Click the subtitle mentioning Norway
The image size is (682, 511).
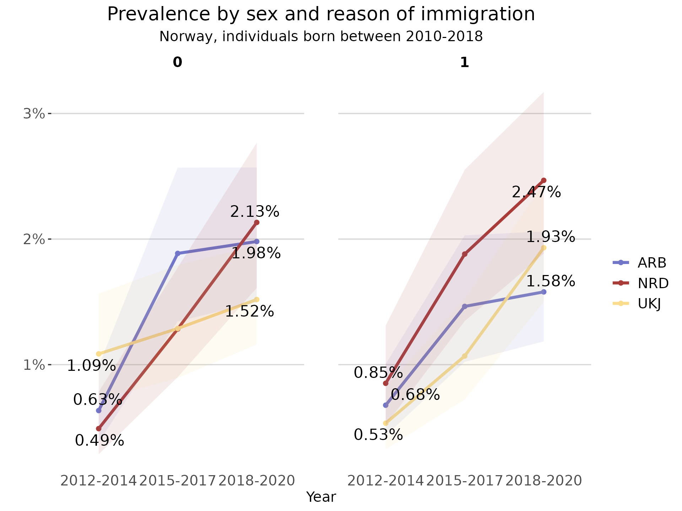(321, 37)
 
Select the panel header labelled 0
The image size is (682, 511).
(177, 62)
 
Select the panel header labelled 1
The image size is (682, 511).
(464, 62)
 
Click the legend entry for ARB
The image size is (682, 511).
(651, 263)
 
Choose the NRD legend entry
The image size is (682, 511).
(653, 283)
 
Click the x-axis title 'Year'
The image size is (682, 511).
(321, 497)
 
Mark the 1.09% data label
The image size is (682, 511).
(91, 366)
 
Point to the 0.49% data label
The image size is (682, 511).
(99, 441)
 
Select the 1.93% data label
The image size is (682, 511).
(550, 237)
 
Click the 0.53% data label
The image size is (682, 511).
(378, 435)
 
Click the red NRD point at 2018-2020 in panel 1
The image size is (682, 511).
(543, 180)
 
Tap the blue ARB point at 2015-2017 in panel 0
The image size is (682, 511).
(178, 253)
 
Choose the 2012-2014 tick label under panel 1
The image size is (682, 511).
(385, 481)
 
